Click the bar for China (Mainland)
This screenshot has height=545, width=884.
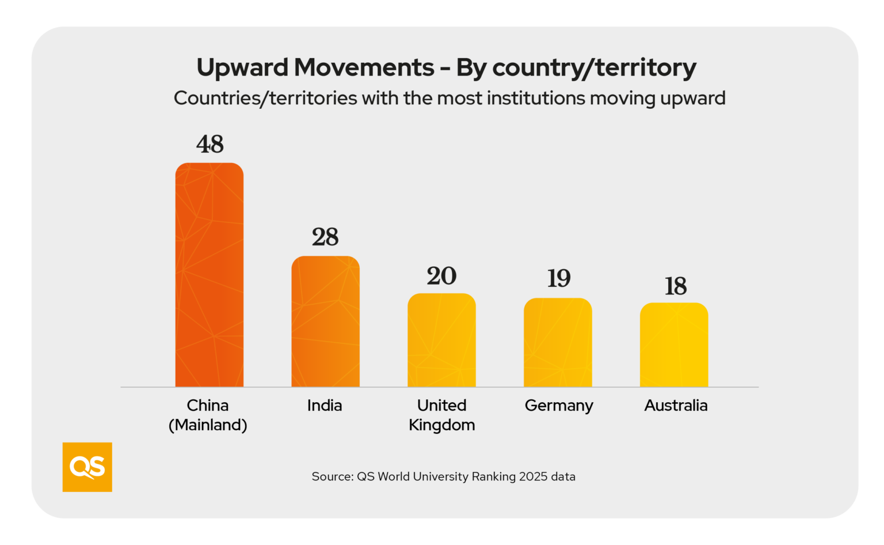209,275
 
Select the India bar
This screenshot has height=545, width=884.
325,321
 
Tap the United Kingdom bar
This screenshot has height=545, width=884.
441,340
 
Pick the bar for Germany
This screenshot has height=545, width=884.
558,342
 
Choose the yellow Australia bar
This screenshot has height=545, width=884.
674,345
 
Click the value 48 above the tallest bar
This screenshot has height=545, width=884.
210,144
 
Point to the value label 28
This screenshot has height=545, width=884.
325,237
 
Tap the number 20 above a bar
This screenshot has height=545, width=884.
441,276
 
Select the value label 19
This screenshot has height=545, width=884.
558,279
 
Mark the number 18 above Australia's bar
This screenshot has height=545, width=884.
676,286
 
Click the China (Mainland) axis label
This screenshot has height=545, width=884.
208,415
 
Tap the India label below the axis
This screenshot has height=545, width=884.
325,406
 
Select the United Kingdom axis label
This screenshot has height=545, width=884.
442,415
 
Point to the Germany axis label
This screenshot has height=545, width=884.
559,406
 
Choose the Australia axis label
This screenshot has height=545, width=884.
676,406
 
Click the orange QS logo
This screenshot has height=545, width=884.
87,467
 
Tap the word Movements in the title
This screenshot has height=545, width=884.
364,68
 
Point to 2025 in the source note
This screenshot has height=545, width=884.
533,476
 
